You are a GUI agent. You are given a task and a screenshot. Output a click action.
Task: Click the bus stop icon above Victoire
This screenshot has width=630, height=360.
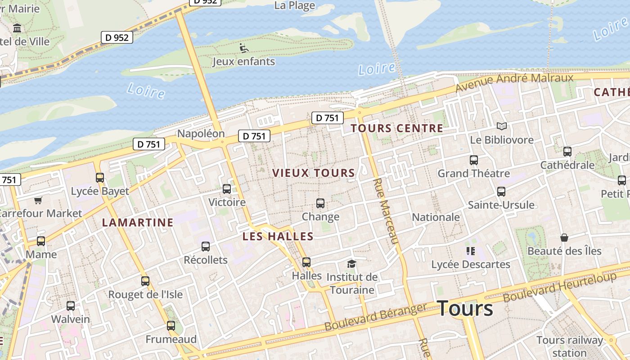[227, 189]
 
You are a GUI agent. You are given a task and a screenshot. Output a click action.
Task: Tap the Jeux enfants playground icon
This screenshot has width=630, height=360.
[244, 48]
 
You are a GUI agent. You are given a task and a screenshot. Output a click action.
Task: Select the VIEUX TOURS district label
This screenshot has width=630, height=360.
[314, 173]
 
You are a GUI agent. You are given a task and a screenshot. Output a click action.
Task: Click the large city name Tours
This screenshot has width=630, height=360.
[465, 308]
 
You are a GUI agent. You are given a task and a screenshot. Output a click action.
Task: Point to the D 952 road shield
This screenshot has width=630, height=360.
[117, 37]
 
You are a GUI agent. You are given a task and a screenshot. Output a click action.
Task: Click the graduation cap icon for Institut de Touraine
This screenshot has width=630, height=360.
[351, 264]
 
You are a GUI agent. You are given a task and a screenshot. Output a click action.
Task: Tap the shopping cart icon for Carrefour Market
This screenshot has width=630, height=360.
[38, 200]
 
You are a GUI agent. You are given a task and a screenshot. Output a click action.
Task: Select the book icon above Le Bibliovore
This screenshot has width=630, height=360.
[501, 126]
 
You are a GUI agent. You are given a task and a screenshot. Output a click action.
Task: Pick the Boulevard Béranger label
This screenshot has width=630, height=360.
[375, 317]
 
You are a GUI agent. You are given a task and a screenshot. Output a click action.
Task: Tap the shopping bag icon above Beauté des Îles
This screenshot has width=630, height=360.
[564, 238]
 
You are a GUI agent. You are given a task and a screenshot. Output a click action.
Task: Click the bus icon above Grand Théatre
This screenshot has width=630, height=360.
[473, 160]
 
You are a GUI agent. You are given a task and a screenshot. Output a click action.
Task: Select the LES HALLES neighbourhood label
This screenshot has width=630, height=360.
[278, 236]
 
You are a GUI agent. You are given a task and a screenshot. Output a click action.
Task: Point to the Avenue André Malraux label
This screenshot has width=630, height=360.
[514, 81]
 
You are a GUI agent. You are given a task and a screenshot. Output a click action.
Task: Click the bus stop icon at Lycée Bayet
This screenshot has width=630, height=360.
[100, 178]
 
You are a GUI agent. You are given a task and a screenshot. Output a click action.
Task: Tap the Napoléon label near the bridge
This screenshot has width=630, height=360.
[201, 134]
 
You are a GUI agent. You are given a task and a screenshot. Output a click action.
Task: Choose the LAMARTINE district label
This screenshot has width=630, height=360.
[137, 222]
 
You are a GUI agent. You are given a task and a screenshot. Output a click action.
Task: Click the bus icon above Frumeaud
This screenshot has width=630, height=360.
[171, 326]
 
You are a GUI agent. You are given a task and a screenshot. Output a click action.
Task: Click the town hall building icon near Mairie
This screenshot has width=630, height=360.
[18, 28]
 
